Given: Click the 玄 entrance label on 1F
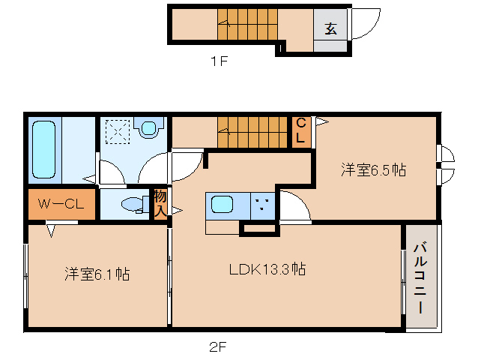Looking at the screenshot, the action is point(330,28).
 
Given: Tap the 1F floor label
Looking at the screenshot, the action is point(220,61).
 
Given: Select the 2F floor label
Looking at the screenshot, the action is point(218,347).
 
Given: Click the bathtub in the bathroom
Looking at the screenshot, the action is point(44,149).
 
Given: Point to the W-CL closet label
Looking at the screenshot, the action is point(61,204).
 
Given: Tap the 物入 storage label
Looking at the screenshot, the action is point(160,203).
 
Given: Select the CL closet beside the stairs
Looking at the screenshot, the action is point(301,130).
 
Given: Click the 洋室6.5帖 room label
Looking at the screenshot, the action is point(373,170).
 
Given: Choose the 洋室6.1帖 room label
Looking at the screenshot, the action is point(97,274).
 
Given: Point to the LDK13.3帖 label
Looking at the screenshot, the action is point(267,269).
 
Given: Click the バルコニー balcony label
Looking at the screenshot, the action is point(420,277).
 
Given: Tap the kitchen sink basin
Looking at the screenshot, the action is point(223,204).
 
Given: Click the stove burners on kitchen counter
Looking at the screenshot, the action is point(262,205).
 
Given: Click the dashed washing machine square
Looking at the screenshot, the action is point(118,131).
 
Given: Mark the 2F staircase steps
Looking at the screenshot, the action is point(252,133).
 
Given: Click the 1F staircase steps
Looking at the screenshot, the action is point(247,25).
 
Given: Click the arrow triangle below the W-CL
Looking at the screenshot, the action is point(51,231).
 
